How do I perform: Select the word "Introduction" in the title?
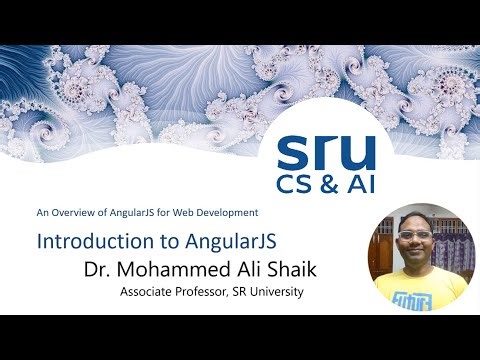point(86,242)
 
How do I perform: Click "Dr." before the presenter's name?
point(100,269)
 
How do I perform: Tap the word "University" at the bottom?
point(279,293)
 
